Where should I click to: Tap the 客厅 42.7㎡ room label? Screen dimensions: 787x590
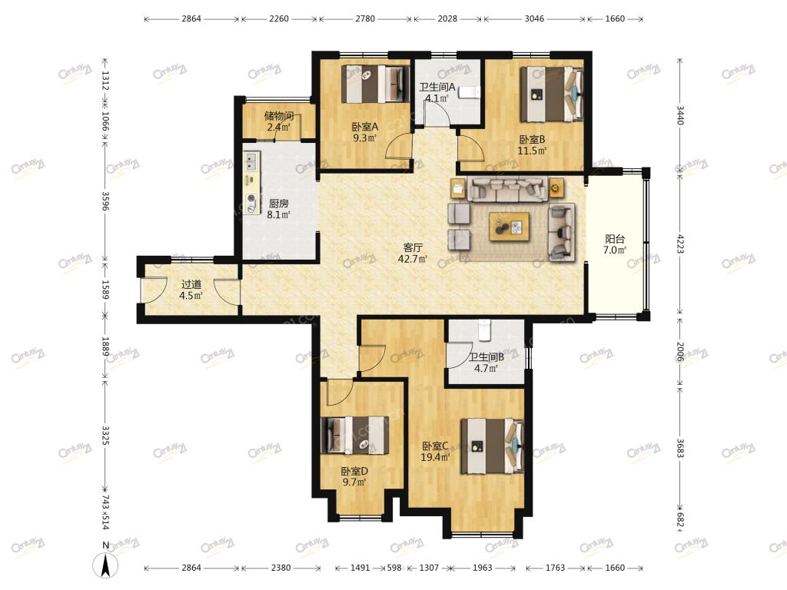[x=413, y=254]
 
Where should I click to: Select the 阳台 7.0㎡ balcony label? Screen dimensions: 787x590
[x=615, y=244]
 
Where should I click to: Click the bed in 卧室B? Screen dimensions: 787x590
[x=552, y=94]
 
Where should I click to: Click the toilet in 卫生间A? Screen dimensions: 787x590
[x=470, y=92]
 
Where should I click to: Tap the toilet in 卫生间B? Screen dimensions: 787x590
[x=484, y=329]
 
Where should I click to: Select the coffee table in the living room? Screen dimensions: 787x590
[x=510, y=227]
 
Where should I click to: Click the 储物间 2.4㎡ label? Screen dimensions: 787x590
[x=278, y=121]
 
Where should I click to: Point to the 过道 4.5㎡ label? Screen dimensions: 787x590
[x=191, y=290]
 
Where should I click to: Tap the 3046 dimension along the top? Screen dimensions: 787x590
[x=534, y=18]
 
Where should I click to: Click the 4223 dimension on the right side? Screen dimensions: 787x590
[x=680, y=244]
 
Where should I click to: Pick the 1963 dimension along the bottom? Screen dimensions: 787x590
[x=483, y=568]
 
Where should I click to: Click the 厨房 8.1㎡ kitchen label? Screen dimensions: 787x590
[x=278, y=209]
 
